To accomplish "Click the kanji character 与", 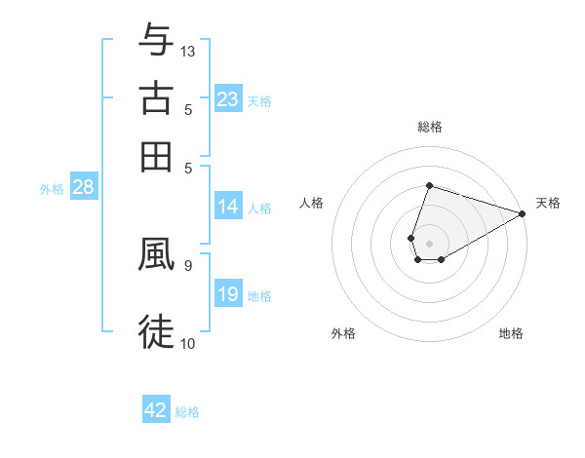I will point(156,41).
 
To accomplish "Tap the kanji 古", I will point(156,98).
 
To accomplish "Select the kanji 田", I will point(156,156).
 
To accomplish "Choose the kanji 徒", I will point(156,331).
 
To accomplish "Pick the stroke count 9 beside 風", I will point(187,264).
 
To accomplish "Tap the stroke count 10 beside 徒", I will point(188,342).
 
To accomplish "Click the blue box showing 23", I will point(228,98).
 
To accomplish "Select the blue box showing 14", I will point(228,207).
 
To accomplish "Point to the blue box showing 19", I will point(228,294).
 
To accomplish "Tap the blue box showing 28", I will point(83,188).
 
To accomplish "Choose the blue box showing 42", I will point(156,410).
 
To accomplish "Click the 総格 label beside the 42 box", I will point(187,412).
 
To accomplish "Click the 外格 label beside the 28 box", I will point(52,189).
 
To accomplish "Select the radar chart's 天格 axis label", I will point(548,203).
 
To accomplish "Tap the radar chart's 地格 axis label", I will point(511,333).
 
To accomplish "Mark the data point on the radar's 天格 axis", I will point(522,213).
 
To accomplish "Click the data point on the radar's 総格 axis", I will point(429,185).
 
